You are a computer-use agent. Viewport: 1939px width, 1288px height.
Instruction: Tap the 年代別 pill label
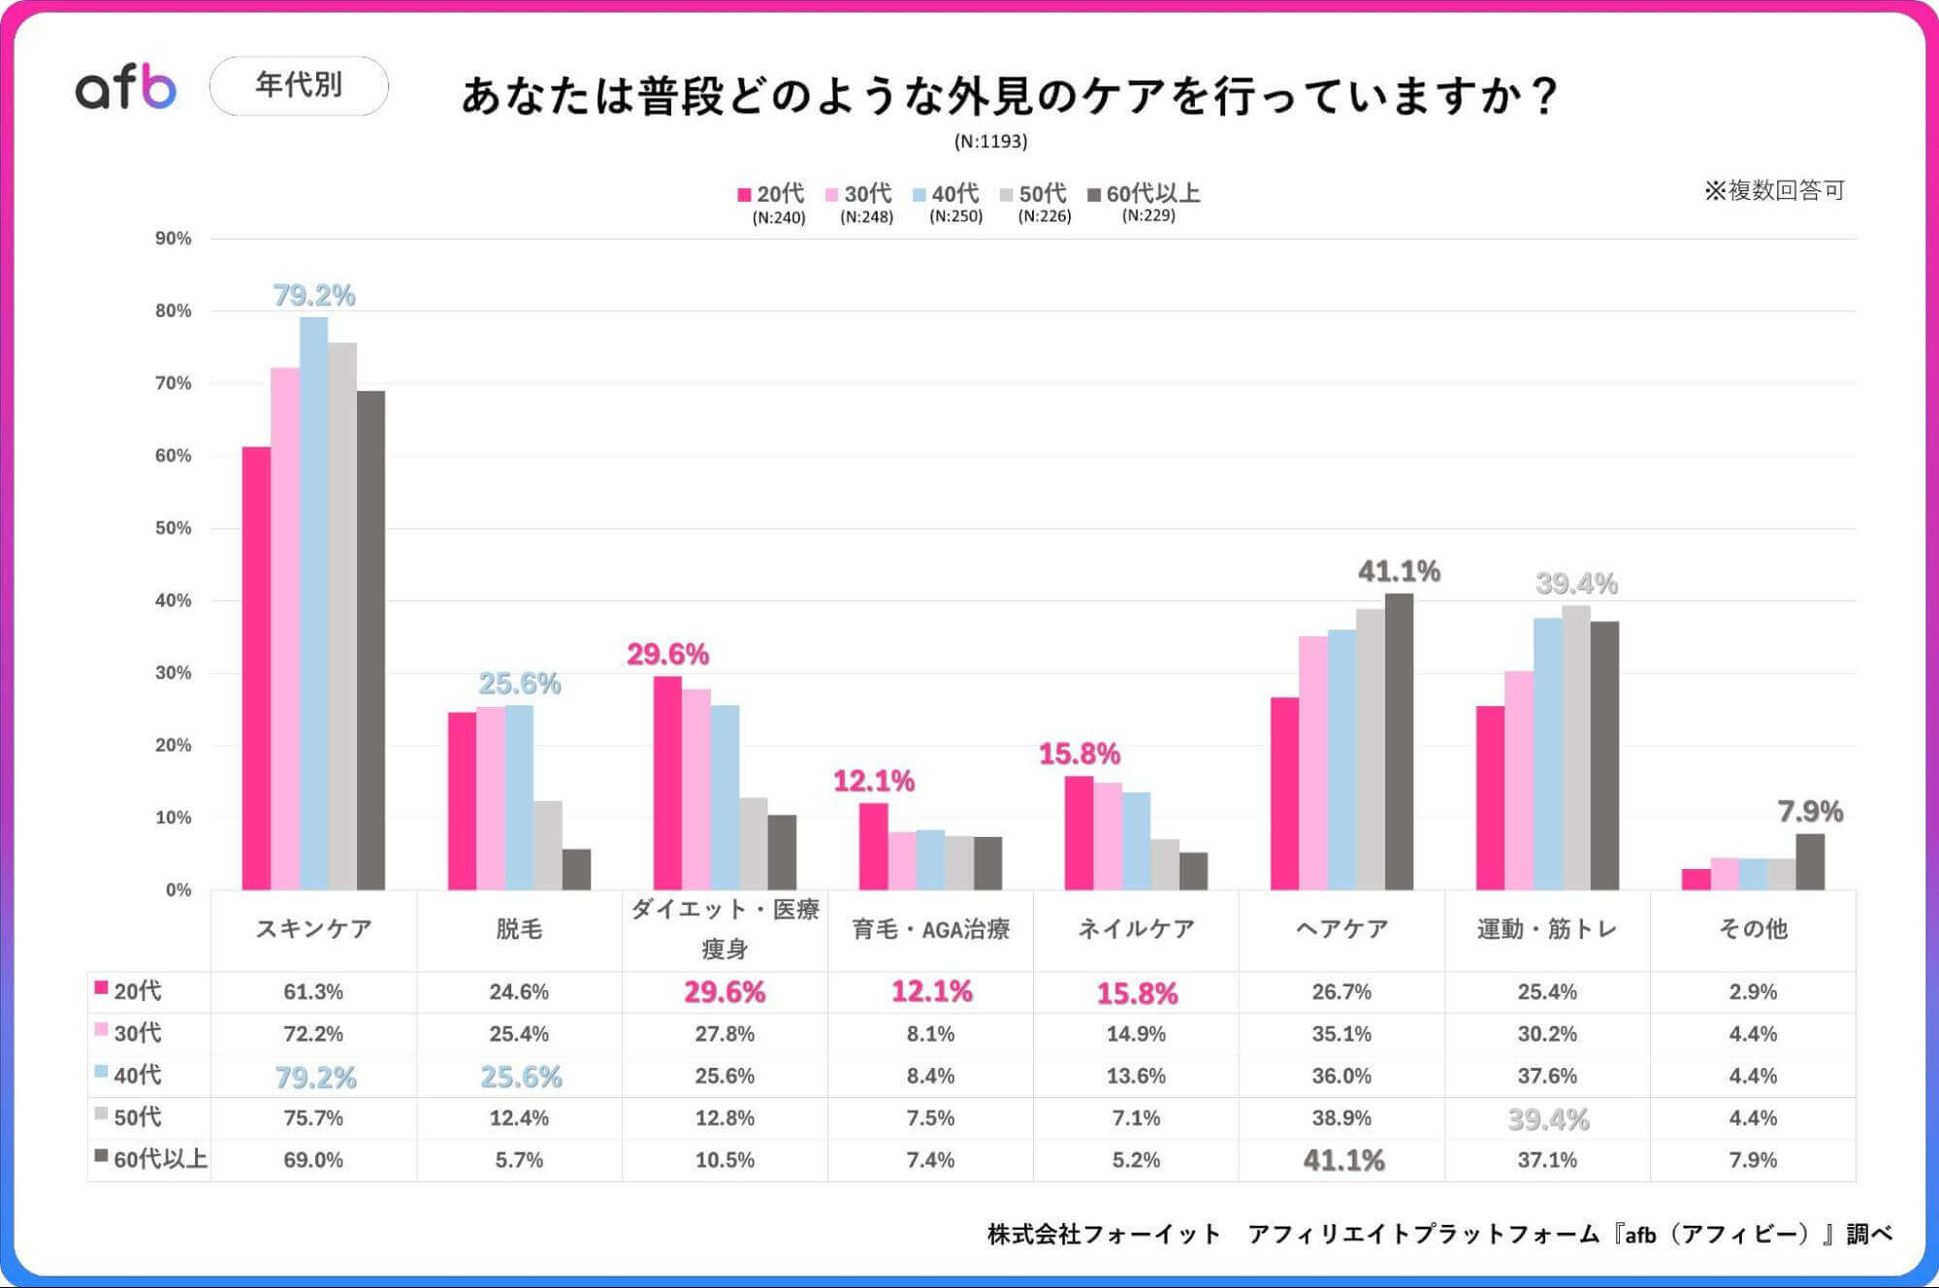click(299, 85)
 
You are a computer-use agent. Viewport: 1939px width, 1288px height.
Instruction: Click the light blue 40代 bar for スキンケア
click(313, 601)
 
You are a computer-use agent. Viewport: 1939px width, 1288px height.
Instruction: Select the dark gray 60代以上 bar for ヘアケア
click(1399, 742)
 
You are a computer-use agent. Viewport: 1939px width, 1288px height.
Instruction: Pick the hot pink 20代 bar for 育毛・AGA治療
click(873, 846)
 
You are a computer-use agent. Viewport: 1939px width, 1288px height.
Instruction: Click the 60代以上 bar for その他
click(1809, 861)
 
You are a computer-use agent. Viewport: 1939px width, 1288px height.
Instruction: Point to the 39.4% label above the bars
click(1576, 584)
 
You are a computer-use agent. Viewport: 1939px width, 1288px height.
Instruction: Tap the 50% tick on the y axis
click(174, 529)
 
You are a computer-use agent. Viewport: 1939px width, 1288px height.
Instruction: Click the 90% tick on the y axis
click(174, 239)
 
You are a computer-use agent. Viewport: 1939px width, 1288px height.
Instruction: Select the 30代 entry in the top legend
click(859, 194)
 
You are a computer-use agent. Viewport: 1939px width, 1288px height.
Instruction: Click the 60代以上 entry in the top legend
click(1145, 194)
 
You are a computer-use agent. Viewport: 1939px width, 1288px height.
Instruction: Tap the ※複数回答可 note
click(1774, 190)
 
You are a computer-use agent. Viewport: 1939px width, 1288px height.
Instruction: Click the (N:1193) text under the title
click(990, 142)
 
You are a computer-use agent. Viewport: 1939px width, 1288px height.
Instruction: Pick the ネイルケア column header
click(1136, 929)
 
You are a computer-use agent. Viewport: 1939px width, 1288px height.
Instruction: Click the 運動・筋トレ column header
click(1547, 929)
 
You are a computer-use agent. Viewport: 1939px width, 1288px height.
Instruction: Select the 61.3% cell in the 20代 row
click(313, 992)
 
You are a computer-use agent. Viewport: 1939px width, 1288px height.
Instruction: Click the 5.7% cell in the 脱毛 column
click(519, 1160)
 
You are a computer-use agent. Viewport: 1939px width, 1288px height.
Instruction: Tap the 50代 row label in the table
click(138, 1117)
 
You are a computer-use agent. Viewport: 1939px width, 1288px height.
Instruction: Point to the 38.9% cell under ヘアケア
click(1341, 1118)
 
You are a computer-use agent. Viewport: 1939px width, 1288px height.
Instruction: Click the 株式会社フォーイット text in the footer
click(1103, 1235)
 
